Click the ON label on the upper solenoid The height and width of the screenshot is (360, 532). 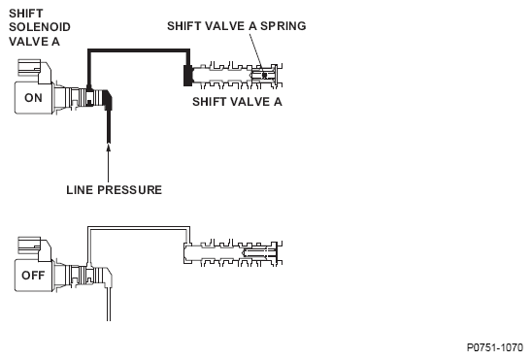pyautogui.click(x=33, y=98)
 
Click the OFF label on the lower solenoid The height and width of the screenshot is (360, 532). pyautogui.click(x=33, y=276)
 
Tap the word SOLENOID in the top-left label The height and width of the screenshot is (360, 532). pyautogui.click(x=40, y=27)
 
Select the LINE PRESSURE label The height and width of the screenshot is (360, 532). pyautogui.click(x=114, y=190)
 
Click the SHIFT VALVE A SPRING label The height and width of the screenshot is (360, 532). pyautogui.click(x=237, y=26)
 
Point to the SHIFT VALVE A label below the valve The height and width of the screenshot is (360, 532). pyautogui.click(x=237, y=102)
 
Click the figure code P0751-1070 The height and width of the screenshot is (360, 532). pyautogui.click(x=495, y=347)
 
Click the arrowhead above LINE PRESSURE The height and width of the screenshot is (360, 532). pyautogui.click(x=109, y=147)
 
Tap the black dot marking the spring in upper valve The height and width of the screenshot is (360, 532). pyautogui.click(x=264, y=75)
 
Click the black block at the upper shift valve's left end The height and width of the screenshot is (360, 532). pyautogui.click(x=187, y=76)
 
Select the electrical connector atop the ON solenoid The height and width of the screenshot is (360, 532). pyautogui.click(x=29, y=68)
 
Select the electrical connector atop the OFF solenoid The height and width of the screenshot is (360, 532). pyautogui.click(x=29, y=245)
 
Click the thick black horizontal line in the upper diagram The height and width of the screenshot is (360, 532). pyautogui.click(x=139, y=50)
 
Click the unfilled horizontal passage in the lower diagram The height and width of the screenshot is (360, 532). pyautogui.click(x=139, y=228)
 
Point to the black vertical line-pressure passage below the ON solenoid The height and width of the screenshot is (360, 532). pyautogui.click(x=109, y=125)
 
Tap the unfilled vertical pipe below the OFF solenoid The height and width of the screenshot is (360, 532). pyautogui.click(x=109, y=304)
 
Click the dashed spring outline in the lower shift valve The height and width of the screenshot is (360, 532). pyautogui.click(x=260, y=252)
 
